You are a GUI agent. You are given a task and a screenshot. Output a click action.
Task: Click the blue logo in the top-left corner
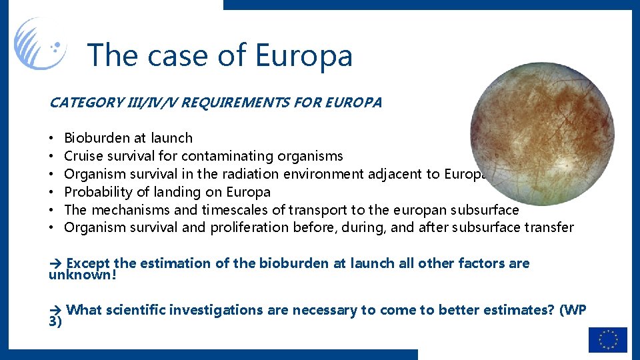coord(40,43)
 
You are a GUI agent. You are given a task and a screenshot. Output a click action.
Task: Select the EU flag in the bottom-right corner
coord(607,339)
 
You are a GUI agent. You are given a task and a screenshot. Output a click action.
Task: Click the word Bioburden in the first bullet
coord(96,138)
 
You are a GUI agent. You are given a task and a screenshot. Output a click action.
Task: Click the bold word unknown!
coord(83,273)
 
